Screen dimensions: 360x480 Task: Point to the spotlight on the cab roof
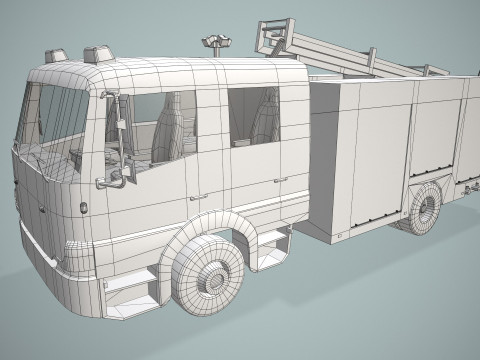[212, 42]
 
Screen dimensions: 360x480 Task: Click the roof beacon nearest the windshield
[55, 56]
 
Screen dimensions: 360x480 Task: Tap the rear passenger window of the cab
[253, 115]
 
